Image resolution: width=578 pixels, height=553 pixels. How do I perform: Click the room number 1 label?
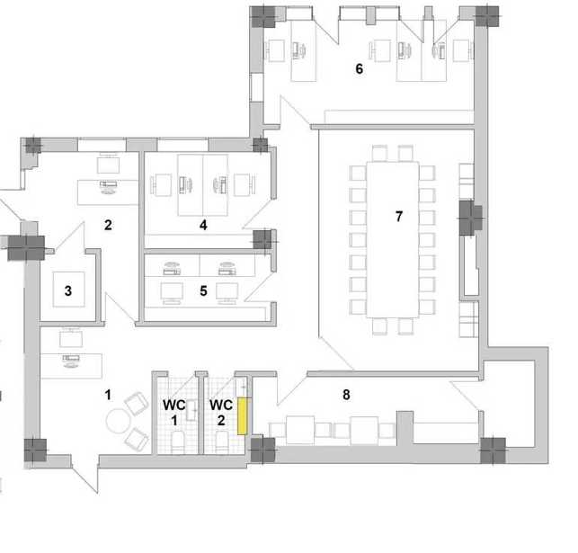click(x=108, y=395)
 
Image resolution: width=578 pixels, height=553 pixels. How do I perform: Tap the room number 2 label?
click(x=108, y=225)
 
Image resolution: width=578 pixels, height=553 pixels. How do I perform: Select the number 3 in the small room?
click(x=68, y=290)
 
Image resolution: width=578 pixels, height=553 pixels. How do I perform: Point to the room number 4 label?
click(x=203, y=225)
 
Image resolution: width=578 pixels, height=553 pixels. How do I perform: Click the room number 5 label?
click(x=203, y=290)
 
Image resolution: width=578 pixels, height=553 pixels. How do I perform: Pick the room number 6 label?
click(x=359, y=68)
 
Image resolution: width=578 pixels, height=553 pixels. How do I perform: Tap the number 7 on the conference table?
click(x=399, y=217)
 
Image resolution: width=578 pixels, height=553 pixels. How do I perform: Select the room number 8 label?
click(x=346, y=395)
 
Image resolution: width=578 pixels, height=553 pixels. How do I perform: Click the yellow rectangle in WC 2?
click(x=242, y=416)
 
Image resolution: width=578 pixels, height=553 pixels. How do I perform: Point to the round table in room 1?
click(x=118, y=421)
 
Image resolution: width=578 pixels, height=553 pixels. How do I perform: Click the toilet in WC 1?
click(x=178, y=442)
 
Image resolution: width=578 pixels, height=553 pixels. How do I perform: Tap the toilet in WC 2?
click(x=222, y=442)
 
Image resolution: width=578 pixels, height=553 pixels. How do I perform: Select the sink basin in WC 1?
click(x=191, y=411)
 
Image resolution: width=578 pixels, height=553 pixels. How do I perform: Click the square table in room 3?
click(x=68, y=290)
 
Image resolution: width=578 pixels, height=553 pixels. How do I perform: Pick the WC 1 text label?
click(x=174, y=412)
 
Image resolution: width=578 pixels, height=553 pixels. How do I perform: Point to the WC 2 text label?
click(x=221, y=412)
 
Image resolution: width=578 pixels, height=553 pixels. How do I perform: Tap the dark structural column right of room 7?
click(x=471, y=218)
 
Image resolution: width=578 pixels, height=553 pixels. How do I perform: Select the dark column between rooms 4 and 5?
click(x=262, y=239)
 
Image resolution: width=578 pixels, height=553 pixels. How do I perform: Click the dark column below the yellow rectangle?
click(x=262, y=450)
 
